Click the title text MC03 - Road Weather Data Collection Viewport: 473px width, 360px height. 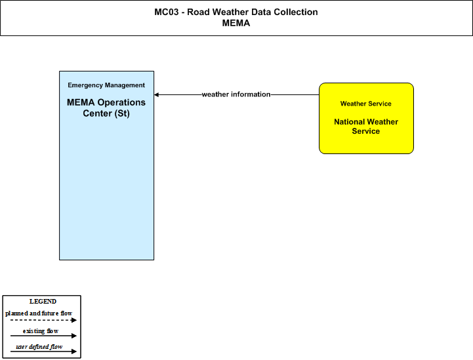tap(236, 12)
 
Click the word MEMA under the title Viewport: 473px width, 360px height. tap(236, 23)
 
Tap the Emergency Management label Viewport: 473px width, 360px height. tap(106, 85)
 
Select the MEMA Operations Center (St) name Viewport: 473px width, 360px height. tap(106, 108)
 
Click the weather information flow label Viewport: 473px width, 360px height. tap(236, 94)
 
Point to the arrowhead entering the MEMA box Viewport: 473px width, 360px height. tap(156, 94)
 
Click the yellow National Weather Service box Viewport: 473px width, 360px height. tap(366, 118)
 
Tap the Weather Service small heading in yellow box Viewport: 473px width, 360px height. tap(366, 104)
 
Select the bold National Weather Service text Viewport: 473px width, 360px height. tap(366, 127)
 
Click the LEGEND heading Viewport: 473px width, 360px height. tap(43, 302)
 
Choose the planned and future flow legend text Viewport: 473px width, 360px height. tap(39, 313)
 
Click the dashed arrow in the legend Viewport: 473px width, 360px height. tap(43, 320)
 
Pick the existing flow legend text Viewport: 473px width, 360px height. tap(41, 331)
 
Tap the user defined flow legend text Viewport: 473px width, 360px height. tap(39, 347)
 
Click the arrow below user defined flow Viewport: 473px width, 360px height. tap(43, 351)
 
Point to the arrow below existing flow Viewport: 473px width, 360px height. tap(43, 336)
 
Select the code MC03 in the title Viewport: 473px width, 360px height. tap(167, 12)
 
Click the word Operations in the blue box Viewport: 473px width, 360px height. tap(121, 102)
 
